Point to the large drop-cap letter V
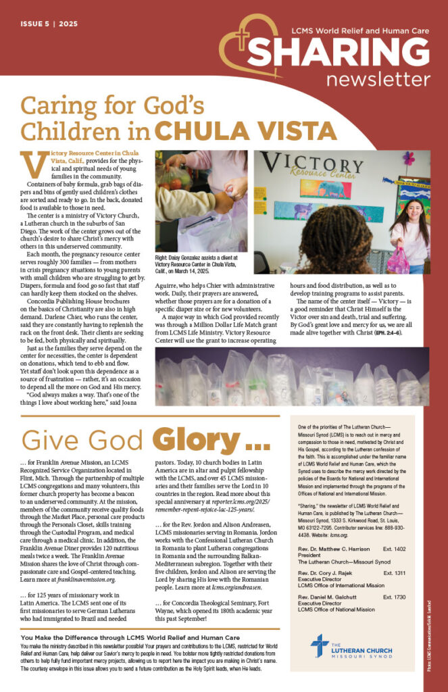tap(33, 164)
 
